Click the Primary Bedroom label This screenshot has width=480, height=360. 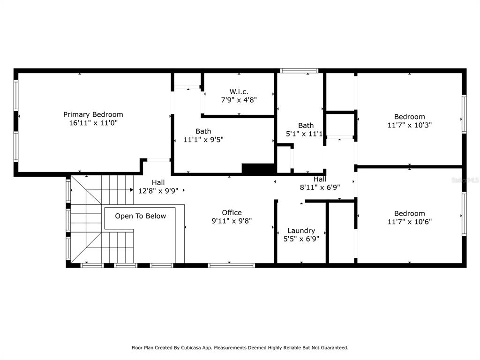coord(93,114)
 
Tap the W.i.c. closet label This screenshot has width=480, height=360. coord(239,91)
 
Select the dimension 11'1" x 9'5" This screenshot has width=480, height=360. coord(203,140)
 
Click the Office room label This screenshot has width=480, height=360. coord(232,212)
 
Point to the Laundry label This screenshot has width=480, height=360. coord(301,231)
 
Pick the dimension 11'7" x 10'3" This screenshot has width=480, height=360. coord(410,125)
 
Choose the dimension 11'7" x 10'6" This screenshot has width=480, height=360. coord(410,222)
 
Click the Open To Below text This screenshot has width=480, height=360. coord(141,216)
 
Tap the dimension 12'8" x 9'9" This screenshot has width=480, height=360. coord(158,191)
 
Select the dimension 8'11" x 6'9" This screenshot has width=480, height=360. coord(320,187)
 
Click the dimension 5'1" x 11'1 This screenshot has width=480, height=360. coord(304,134)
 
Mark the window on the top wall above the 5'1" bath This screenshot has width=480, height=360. coord(299,71)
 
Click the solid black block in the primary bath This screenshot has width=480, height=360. coord(258,169)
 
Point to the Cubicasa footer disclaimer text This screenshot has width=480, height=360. coord(240,347)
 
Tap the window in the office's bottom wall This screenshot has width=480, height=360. coord(231,265)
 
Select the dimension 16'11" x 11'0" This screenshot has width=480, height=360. coord(93,123)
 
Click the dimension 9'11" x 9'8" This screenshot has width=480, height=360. coord(232,221)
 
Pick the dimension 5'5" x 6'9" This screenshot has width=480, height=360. coord(301,239)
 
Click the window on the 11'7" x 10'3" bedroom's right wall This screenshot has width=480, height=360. coord(464,114)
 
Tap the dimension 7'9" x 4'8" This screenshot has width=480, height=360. coord(239,100)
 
